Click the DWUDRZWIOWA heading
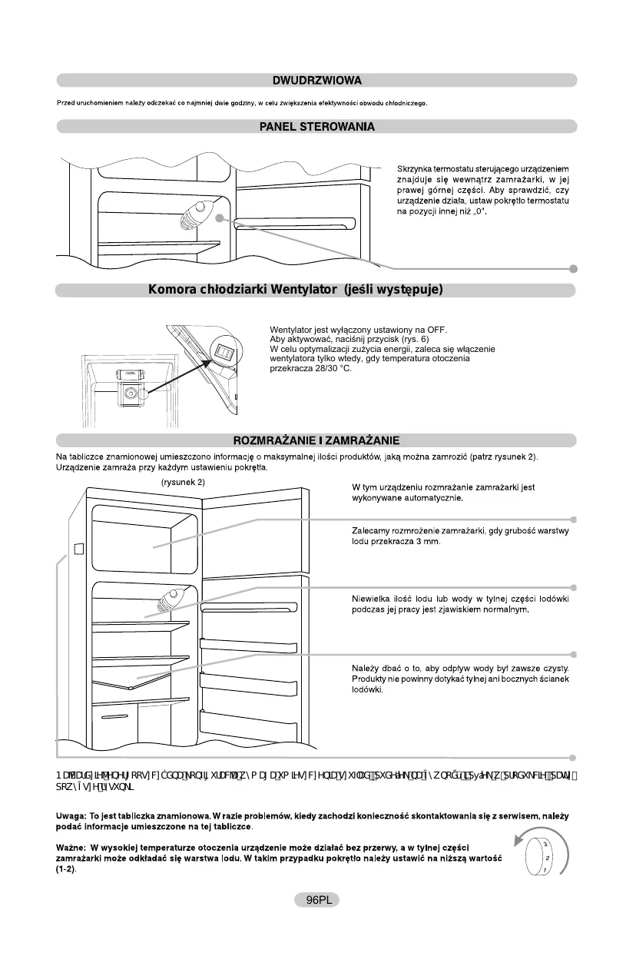click(x=317, y=80)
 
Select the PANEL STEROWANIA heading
click(x=317, y=126)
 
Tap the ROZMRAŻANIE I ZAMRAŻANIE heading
click(x=317, y=440)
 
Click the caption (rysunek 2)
click(x=183, y=482)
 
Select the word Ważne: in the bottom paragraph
click(x=73, y=847)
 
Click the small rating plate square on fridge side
click(x=78, y=549)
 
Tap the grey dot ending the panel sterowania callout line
click(x=573, y=268)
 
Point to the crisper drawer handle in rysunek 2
click(x=114, y=716)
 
